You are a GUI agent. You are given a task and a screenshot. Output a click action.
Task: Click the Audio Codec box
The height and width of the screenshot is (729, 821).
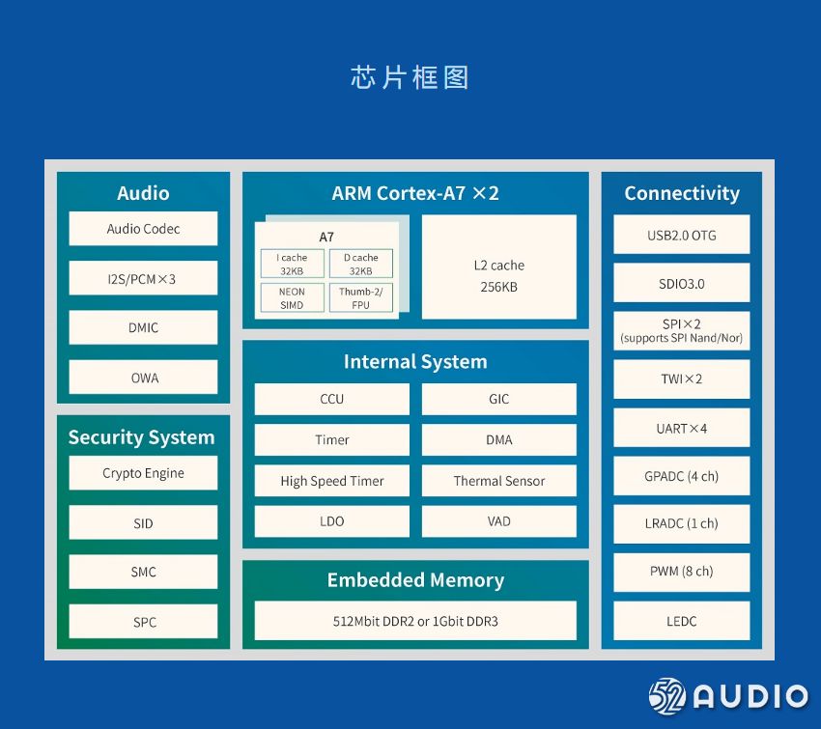pos(143,229)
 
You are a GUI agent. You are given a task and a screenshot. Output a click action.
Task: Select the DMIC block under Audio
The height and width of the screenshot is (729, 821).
pos(143,327)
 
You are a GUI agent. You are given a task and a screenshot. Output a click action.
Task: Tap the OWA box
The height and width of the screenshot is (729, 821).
pos(143,378)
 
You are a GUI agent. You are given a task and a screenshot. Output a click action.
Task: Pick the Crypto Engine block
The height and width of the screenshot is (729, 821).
pos(143,473)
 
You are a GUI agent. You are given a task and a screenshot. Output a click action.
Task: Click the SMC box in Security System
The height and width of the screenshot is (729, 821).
pos(143,572)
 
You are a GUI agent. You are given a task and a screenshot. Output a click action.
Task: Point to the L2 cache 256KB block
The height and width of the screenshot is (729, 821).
pos(498,275)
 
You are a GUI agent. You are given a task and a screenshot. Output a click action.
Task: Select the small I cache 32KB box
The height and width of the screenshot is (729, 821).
pos(292,265)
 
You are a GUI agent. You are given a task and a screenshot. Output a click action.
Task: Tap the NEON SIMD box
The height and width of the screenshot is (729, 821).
pos(292,297)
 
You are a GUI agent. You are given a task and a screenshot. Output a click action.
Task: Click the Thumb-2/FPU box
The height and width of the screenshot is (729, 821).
pos(360,297)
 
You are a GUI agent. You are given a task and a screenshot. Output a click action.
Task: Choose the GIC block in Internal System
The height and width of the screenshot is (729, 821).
pos(498,399)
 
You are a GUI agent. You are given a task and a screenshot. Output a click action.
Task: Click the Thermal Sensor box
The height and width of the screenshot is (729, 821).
pos(498,481)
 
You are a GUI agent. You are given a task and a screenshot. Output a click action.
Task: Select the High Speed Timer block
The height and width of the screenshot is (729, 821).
pos(331,481)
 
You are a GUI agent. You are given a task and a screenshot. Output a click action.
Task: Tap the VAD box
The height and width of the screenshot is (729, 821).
pos(498,521)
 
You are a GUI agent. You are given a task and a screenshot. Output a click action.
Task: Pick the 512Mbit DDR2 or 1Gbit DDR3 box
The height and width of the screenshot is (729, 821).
pos(415,621)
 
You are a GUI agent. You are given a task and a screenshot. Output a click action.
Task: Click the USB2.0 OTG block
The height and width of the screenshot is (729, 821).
pos(681,235)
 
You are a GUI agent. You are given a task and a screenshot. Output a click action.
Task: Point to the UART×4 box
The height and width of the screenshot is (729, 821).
pos(681,428)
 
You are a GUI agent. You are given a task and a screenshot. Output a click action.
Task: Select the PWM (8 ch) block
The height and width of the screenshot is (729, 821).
pos(681,571)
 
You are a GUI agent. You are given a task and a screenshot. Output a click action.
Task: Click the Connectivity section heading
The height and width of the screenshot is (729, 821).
pos(681,193)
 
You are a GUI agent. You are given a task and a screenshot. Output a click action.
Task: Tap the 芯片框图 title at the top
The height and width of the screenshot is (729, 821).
pos(410,77)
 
